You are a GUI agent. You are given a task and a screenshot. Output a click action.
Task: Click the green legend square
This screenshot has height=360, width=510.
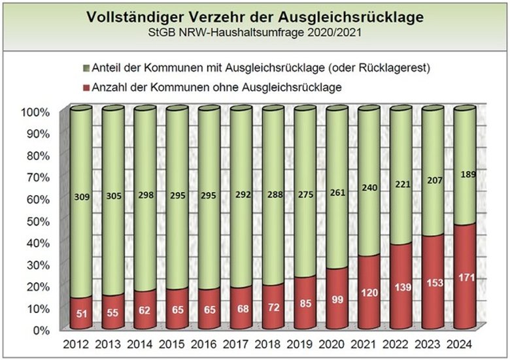click(87, 68)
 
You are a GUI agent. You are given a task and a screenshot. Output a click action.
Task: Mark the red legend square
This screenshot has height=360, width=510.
click(87, 86)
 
